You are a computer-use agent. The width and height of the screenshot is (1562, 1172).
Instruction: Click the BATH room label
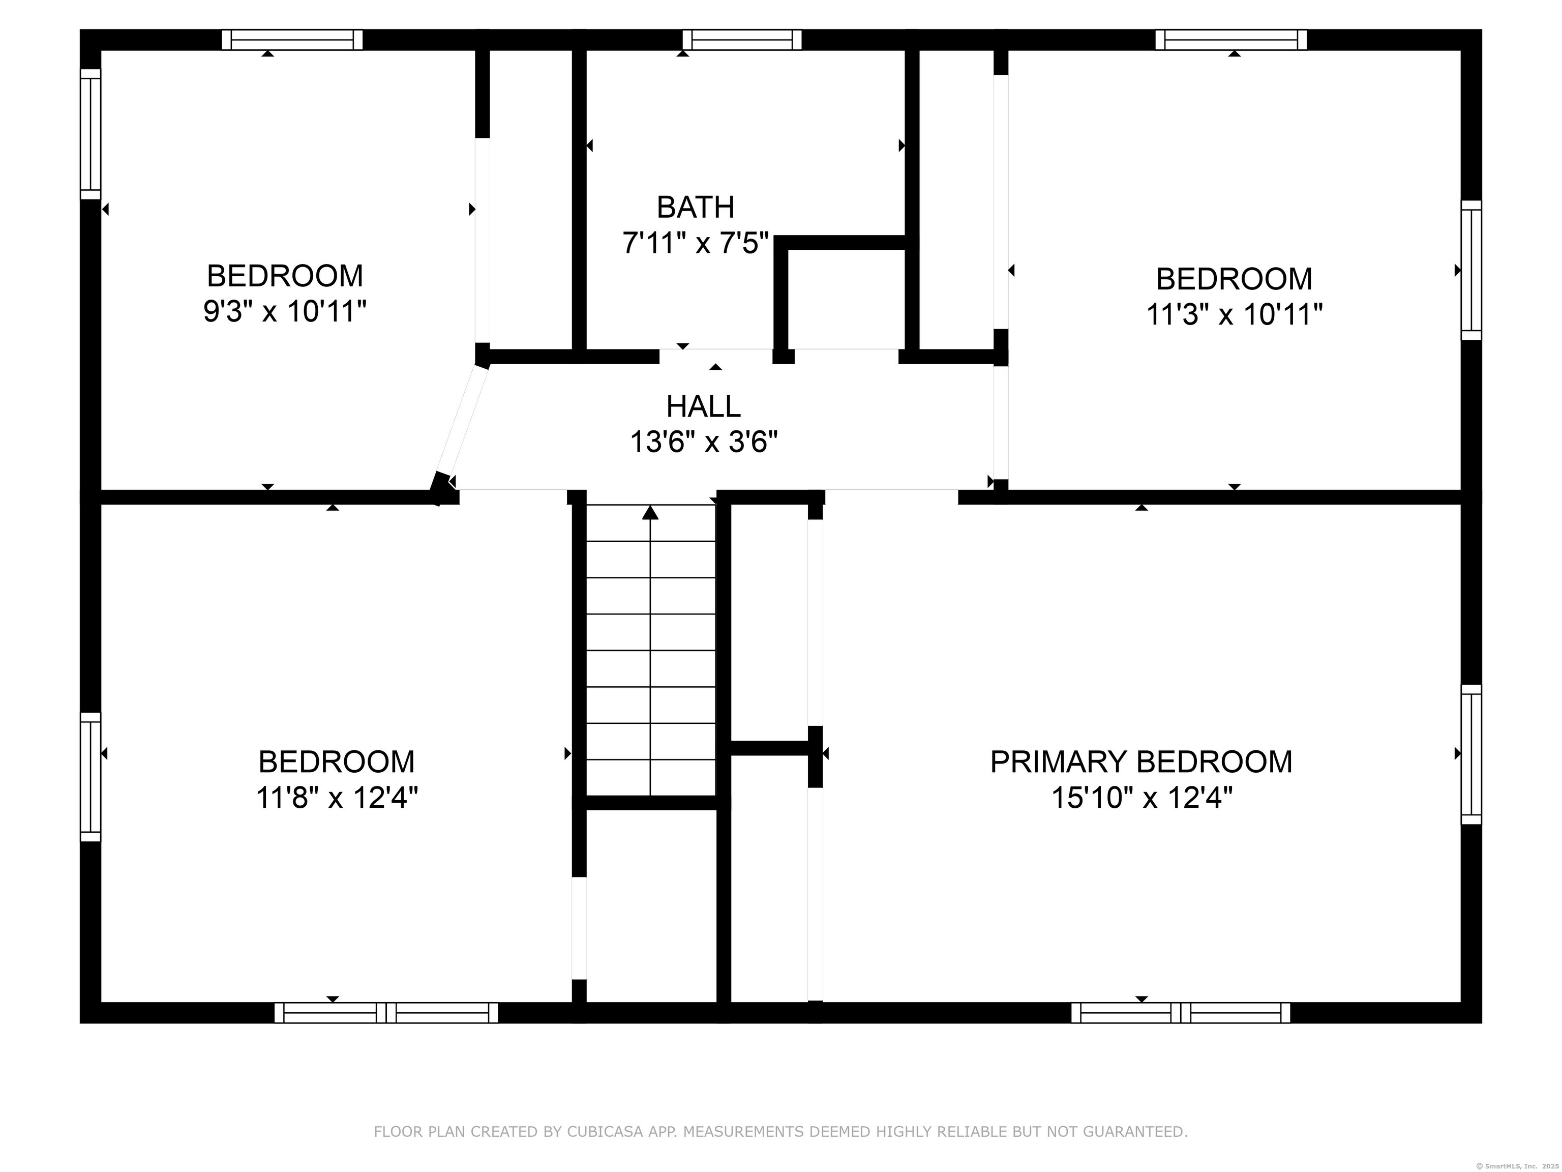coord(695,207)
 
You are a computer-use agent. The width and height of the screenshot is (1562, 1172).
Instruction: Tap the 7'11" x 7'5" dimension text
coord(695,243)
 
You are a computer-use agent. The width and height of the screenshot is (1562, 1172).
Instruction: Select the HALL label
coord(703,406)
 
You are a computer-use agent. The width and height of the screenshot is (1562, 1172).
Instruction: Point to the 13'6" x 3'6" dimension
coord(703,443)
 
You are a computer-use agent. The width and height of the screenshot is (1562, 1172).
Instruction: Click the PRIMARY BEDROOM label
coord(1141,761)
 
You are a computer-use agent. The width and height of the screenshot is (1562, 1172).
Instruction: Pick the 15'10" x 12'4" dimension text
coord(1141,798)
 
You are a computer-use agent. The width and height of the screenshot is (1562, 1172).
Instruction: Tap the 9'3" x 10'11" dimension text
coord(285,311)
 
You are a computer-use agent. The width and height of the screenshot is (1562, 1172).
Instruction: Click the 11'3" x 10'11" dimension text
coord(1234,314)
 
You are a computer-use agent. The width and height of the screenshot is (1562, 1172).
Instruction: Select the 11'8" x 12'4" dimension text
coord(336,798)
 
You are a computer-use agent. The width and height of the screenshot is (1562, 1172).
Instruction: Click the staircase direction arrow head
coord(650,512)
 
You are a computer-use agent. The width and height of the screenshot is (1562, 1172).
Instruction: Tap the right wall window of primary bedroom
coord(1471,754)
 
